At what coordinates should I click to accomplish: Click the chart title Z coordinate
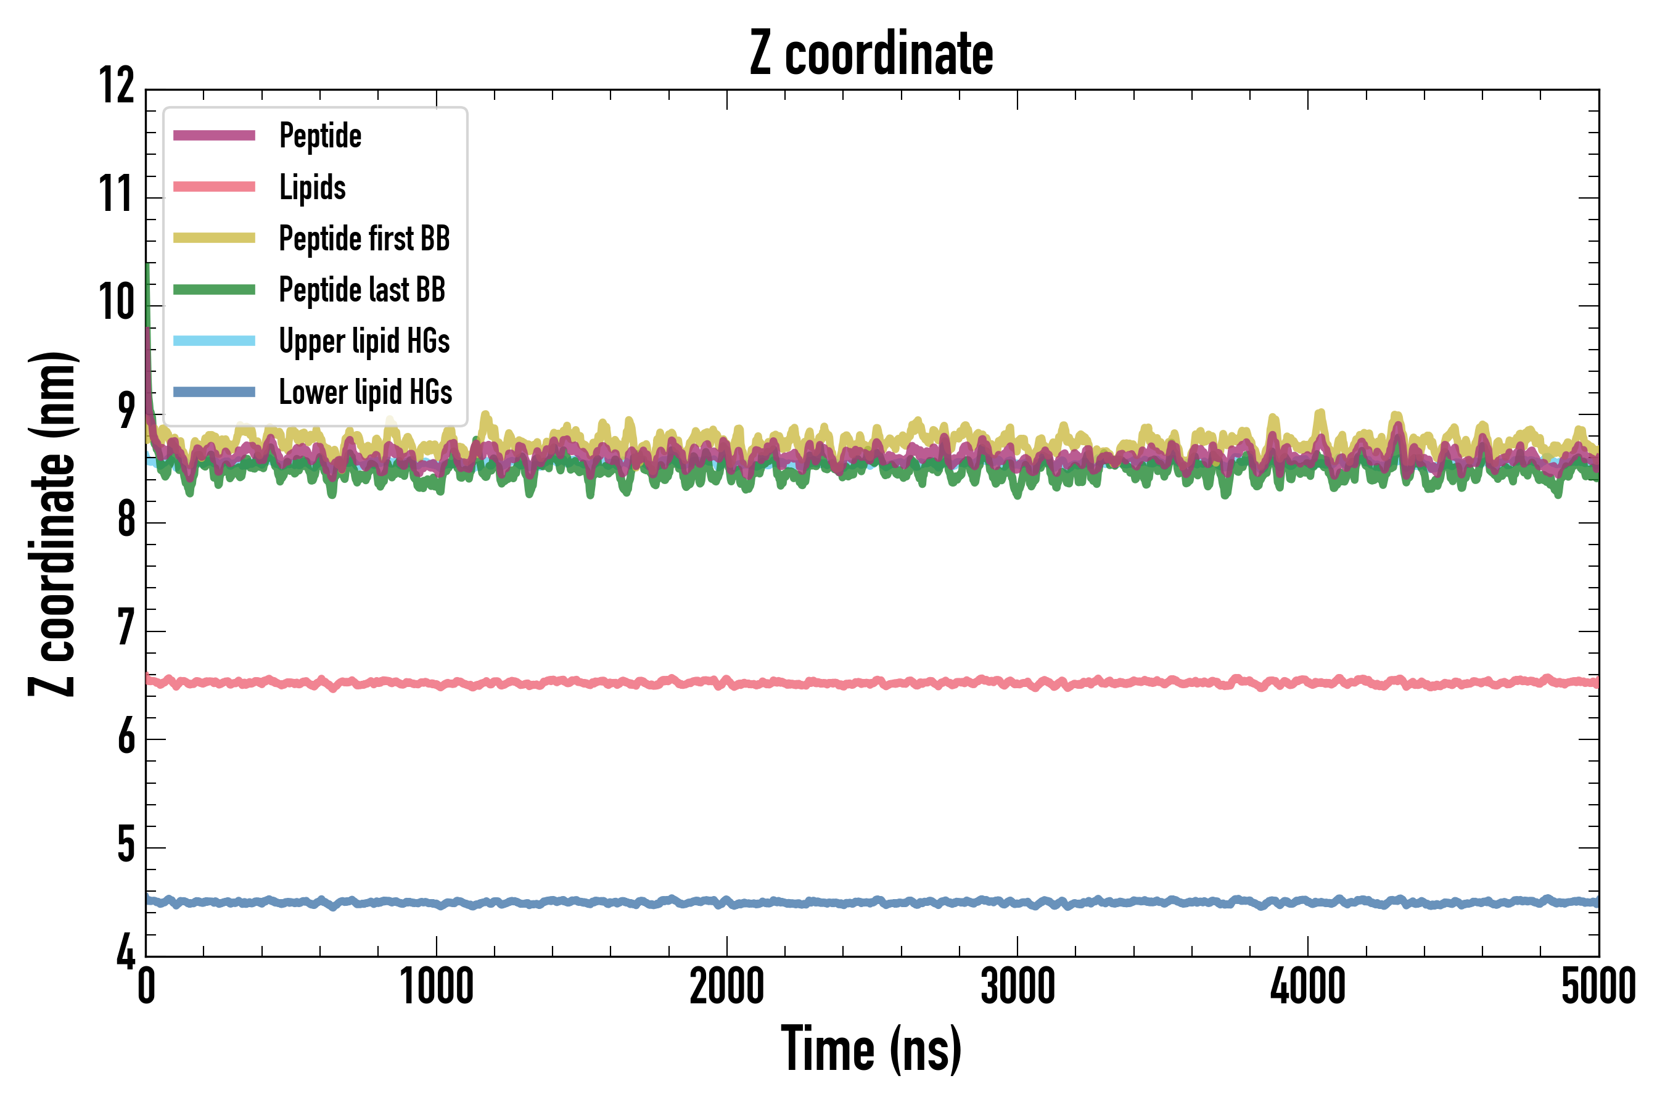click(x=871, y=53)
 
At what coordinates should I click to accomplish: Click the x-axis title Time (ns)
click(x=871, y=1049)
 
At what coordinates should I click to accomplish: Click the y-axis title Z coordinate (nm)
click(x=52, y=524)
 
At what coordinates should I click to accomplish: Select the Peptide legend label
click(x=320, y=135)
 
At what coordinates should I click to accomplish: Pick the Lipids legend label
click(x=312, y=187)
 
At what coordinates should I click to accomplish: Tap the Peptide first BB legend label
click(x=364, y=238)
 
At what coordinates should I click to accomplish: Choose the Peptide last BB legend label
click(x=362, y=290)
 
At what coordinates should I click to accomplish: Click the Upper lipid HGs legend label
click(x=364, y=340)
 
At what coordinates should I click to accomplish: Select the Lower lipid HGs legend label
click(x=365, y=392)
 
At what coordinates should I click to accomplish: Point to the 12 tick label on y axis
click(x=117, y=86)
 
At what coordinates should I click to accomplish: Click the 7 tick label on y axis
click(x=126, y=628)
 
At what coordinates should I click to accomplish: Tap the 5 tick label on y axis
click(x=126, y=845)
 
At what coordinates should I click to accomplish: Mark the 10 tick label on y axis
click(x=117, y=303)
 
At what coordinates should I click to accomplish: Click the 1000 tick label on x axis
click(x=437, y=986)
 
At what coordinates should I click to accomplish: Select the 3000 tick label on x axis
click(x=1017, y=986)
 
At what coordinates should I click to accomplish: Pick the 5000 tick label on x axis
click(x=1598, y=986)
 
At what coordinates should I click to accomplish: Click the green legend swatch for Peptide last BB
click(x=215, y=290)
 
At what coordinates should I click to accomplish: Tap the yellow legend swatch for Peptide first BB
click(x=215, y=238)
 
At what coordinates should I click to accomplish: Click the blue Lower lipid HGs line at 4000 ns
click(x=1307, y=903)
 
